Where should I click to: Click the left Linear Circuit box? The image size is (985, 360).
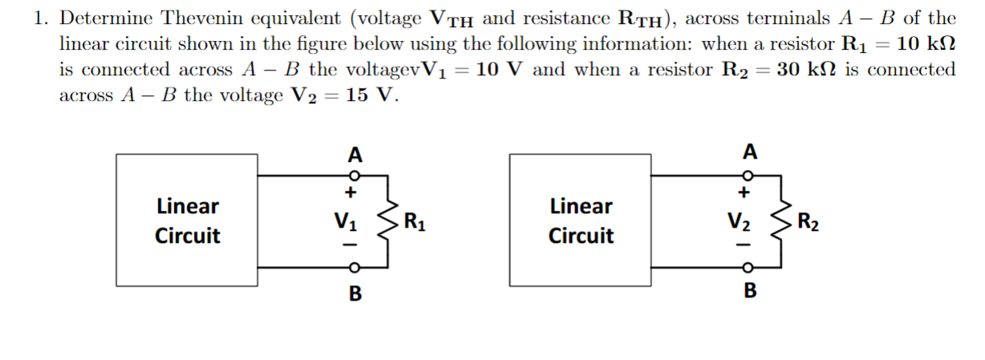[x=188, y=220]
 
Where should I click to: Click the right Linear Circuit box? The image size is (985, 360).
[x=581, y=220]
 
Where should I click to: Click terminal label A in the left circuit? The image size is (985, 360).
[x=354, y=153]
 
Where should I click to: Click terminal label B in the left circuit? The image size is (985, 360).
[x=354, y=293]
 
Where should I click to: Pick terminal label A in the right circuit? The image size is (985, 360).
[x=748, y=151]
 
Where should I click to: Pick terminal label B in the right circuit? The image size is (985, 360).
[x=749, y=290]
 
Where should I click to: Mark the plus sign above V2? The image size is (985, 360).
[x=744, y=192]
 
